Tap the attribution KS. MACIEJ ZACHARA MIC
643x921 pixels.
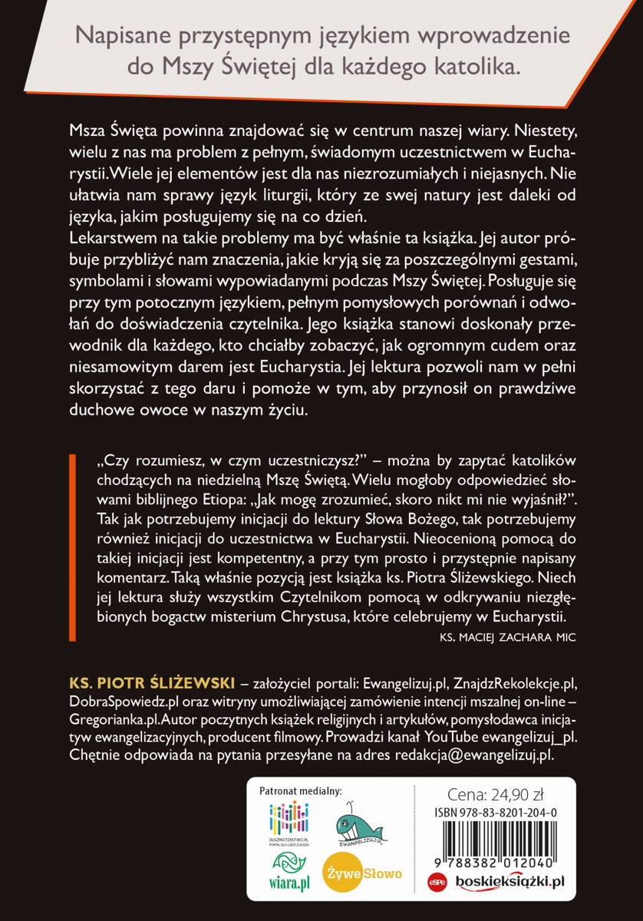tap(508, 637)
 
